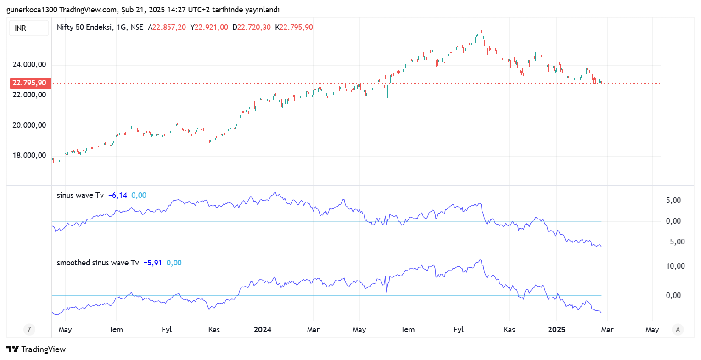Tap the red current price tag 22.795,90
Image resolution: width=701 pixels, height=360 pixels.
pos(29,83)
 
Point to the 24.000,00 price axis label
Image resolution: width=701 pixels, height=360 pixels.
pos(29,65)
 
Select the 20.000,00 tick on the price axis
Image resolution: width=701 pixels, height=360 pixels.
pos(29,125)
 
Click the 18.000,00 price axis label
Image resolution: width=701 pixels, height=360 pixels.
pos(29,155)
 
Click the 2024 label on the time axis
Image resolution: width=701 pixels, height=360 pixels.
pos(263,330)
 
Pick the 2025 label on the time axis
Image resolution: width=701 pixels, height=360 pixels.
pos(556,330)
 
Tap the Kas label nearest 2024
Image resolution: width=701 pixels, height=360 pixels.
pos(213,330)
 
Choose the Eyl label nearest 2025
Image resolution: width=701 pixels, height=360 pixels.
pos(459,330)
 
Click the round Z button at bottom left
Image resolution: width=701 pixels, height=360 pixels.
pos(29,329)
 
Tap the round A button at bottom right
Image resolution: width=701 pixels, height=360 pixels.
pos(677,329)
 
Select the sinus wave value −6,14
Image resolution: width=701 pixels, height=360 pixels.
pos(118,195)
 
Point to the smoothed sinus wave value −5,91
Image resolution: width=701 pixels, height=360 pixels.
pos(152,263)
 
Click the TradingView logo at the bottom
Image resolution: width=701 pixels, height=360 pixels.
pos(36,349)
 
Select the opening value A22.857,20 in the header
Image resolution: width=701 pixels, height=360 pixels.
pos(167,27)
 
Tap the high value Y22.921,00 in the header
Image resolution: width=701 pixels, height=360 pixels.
pos(209,27)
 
